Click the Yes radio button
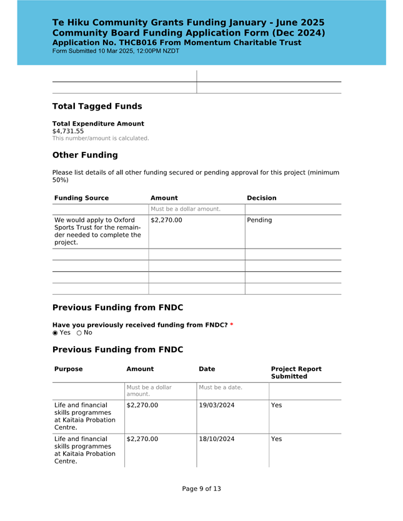click(55, 332)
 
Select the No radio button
click(79, 332)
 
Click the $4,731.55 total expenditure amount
click(68, 131)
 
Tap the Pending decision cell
click(259, 221)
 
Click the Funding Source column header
click(81, 198)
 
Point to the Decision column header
click(262, 198)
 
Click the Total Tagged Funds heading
click(97, 106)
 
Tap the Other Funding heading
click(84, 155)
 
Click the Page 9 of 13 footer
click(201, 489)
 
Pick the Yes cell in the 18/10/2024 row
click(277, 439)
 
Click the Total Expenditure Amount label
click(98, 124)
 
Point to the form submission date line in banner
click(116, 51)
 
